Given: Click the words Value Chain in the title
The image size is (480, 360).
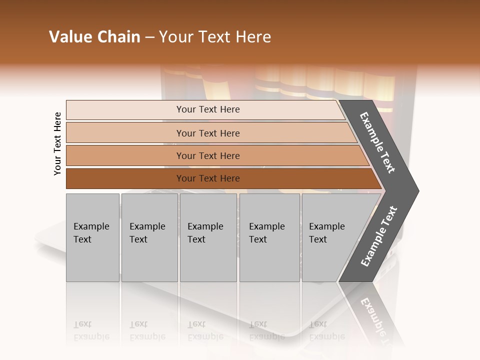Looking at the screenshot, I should (x=94, y=37).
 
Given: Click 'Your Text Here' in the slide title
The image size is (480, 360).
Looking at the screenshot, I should (x=215, y=37).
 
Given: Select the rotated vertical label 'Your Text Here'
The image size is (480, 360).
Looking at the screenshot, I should (x=57, y=143).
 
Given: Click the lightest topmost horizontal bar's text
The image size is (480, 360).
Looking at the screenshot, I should (x=208, y=109).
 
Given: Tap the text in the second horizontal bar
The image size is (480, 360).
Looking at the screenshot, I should (x=208, y=133).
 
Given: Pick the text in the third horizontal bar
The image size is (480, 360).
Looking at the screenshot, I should (x=208, y=155).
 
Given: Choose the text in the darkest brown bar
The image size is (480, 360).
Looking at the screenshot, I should (x=208, y=178).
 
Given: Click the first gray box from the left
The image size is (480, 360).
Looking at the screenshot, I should (x=92, y=237).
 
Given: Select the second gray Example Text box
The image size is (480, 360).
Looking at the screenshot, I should (x=149, y=237).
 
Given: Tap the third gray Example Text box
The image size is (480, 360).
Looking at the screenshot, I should (x=208, y=237).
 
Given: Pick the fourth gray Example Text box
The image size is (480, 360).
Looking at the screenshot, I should (x=269, y=237).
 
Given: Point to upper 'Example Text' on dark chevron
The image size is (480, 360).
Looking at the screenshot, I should (x=377, y=142).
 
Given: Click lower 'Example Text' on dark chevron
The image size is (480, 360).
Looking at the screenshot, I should (x=379, y=236).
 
